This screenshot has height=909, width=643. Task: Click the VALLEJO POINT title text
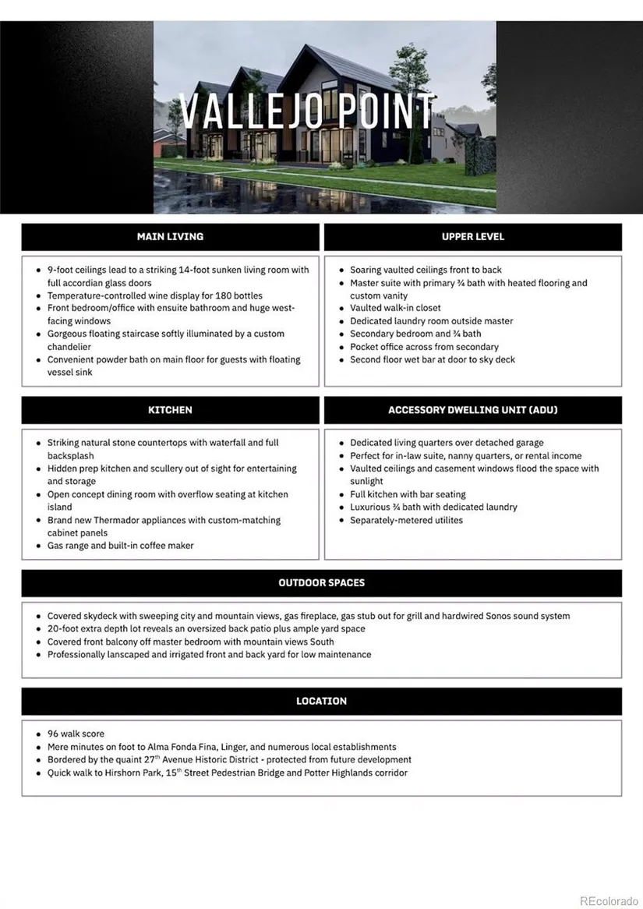coord(306,111)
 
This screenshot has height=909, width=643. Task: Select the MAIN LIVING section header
coord(170,236)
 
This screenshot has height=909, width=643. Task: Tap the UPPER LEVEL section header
coord(472,236)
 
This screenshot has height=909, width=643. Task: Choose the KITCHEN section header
coord(170,409)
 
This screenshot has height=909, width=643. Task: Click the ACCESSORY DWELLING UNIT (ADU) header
coord(472,409)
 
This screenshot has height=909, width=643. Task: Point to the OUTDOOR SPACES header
coord(321,582)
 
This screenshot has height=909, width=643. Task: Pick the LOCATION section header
coord(321,701)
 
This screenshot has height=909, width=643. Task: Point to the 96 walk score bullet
coord(76,734)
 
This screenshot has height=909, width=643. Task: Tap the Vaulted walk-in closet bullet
coord(395,308)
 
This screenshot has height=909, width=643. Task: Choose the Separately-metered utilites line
coord(406,520)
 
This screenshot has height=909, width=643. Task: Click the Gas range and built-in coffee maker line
coord(120,546)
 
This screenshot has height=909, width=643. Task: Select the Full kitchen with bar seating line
coord(408,494)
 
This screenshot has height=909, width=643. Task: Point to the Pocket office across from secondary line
coord(424,347)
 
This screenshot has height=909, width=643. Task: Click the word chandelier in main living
coord(69,347)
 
